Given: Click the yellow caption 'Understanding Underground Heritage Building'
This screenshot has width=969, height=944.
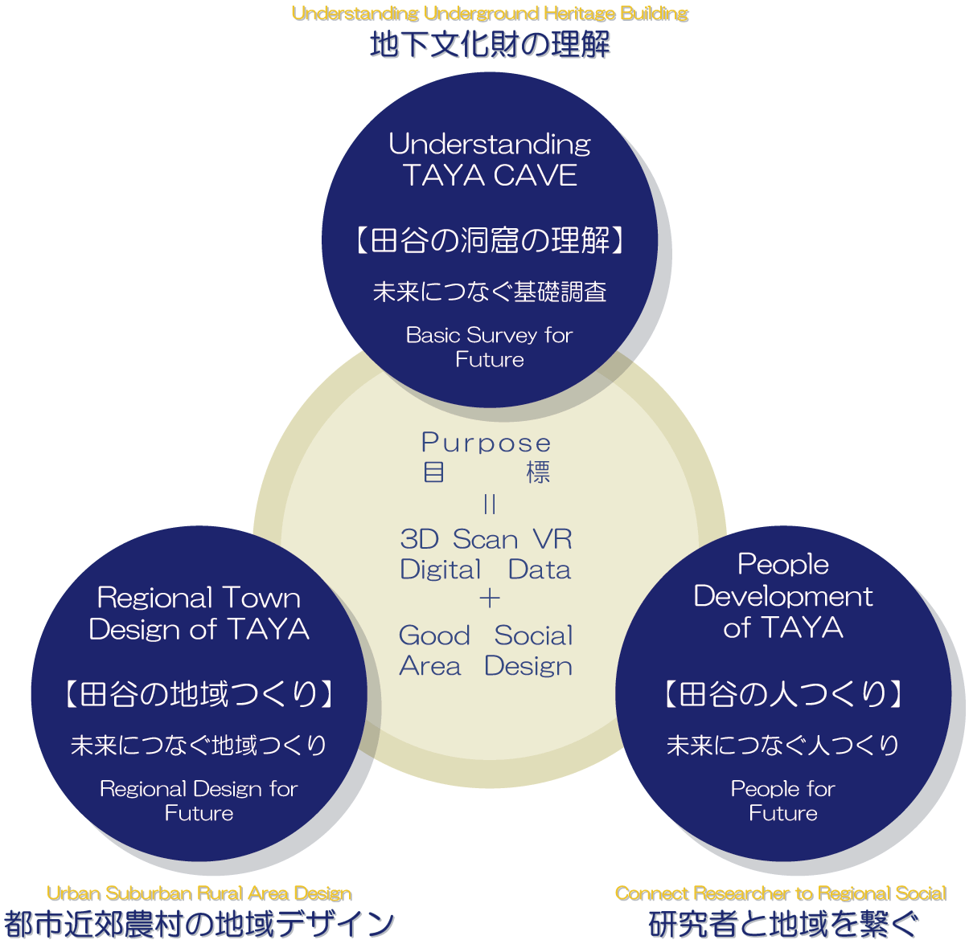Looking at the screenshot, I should [x=490, y=14].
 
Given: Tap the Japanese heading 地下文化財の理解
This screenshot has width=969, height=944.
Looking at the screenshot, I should [x=490, y=45].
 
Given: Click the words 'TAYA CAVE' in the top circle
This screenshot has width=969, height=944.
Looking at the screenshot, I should [x=490, y=175].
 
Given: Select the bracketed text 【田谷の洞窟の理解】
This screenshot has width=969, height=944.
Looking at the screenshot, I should [x=490, y=239].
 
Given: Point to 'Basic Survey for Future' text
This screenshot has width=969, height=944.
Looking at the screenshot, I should [x=490, y=347].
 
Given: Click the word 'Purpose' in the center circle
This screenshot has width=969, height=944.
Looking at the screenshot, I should [x=486, y=443].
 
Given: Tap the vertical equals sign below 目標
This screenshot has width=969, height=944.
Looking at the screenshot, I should [x=490, y=505].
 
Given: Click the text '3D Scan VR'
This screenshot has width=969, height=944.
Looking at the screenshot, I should [x=486, y=539].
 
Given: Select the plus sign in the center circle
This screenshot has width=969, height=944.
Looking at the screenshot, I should [x=489, y=599].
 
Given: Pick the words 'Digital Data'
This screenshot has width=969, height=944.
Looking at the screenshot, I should [x=486, y=570].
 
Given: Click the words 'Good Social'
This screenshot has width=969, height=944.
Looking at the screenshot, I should [x=486, y=635].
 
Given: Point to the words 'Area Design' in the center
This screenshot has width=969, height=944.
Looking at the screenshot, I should [x=486, y=666].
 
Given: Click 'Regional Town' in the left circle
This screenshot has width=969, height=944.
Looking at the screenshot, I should [x=199, y=598].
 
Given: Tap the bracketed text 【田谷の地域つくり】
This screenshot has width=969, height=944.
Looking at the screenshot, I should [x=199, y=693].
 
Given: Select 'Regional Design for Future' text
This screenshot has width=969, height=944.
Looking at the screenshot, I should [x=199, y=801].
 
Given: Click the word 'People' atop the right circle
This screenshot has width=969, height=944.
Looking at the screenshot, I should [x=783, y=564].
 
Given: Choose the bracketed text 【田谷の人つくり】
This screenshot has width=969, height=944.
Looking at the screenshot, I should [x=783, y=693].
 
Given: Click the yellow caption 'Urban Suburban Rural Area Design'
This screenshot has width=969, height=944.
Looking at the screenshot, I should [x=199, y=893].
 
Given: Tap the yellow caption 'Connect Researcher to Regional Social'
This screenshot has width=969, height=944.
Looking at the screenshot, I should [x=781, y=893].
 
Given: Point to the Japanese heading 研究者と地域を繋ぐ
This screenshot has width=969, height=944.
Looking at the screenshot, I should [x=783, y=925].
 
